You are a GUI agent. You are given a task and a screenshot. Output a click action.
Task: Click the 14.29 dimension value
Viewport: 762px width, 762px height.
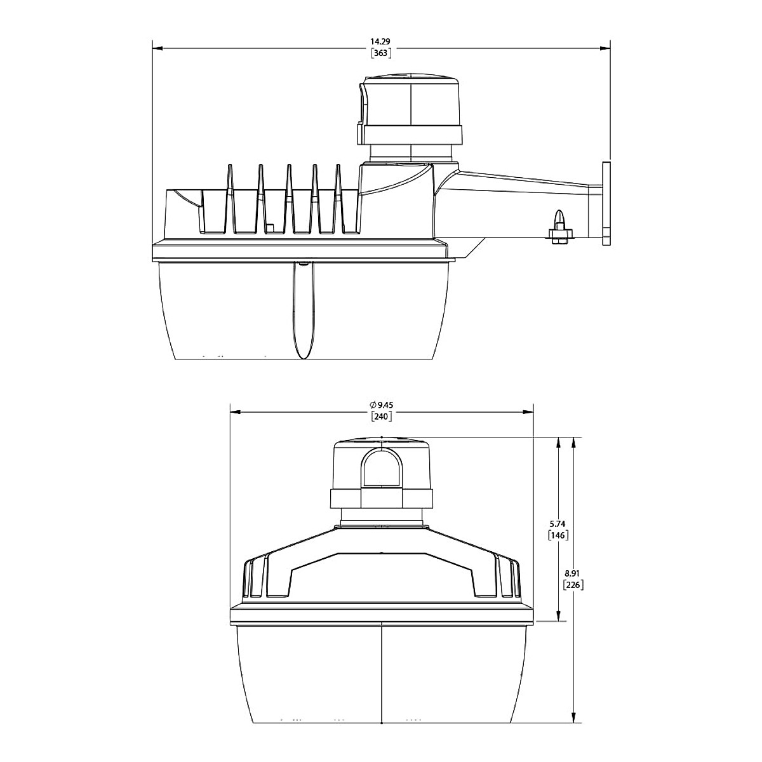tap(380, 41)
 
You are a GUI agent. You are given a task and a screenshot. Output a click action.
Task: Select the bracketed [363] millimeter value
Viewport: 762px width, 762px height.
tap(380, 53)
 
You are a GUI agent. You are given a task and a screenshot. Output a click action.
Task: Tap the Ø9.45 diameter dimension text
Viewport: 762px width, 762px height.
tap(381, 405)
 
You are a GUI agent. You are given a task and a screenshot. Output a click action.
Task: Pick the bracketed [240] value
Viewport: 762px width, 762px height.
tap(381, 417)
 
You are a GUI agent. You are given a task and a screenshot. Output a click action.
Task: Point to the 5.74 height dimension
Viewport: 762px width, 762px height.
tap(558, 523)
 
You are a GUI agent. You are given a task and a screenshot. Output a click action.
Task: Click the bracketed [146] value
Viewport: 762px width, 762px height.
tap(558, 535)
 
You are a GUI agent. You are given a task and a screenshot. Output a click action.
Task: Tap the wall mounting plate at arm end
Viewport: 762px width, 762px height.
tap(606, 203)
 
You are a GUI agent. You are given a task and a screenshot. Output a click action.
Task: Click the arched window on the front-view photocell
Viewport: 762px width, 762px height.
tap(381, 467)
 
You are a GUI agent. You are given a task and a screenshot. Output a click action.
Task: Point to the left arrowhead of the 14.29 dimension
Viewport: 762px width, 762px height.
tap(158, 48)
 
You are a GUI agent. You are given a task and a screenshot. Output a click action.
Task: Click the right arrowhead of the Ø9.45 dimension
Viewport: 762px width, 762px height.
tap(528, 411)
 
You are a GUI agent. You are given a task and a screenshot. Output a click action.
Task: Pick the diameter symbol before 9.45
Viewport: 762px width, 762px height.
tap(371, 405)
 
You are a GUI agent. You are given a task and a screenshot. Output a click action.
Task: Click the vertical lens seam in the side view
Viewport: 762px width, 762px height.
tap(304, 311)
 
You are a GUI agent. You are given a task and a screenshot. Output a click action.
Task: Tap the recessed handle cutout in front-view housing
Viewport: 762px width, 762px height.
tap(381, 575)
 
